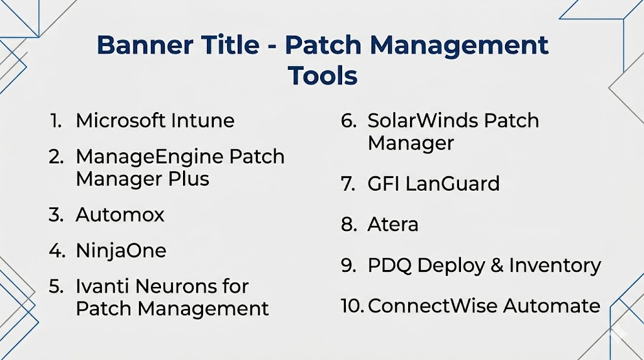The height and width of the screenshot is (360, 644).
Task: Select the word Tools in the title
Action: (x=323, y=76)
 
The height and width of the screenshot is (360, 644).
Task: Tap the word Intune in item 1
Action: (x=203, y=120)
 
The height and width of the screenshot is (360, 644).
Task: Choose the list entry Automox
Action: (x=120, y=215)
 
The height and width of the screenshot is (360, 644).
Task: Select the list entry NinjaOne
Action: (x=121, y=250)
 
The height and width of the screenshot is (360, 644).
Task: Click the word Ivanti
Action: (x=103, y=286)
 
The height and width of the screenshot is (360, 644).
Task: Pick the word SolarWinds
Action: (x=423, y=120)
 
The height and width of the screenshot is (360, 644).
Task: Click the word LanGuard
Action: (x=453, y=183)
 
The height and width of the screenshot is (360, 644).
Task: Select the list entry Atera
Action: (x=392, y=225)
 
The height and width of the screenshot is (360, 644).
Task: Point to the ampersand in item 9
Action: (x=497, y=265)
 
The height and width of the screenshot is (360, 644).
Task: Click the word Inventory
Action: (x=555, y=266)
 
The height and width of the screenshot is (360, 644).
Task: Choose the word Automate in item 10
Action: (x=552, y=306)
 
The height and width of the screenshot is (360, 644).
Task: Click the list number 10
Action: (x=352, y=306)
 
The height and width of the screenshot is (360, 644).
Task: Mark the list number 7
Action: (x=348, y=184)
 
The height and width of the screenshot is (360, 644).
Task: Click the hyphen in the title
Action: (x=272, y=47)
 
